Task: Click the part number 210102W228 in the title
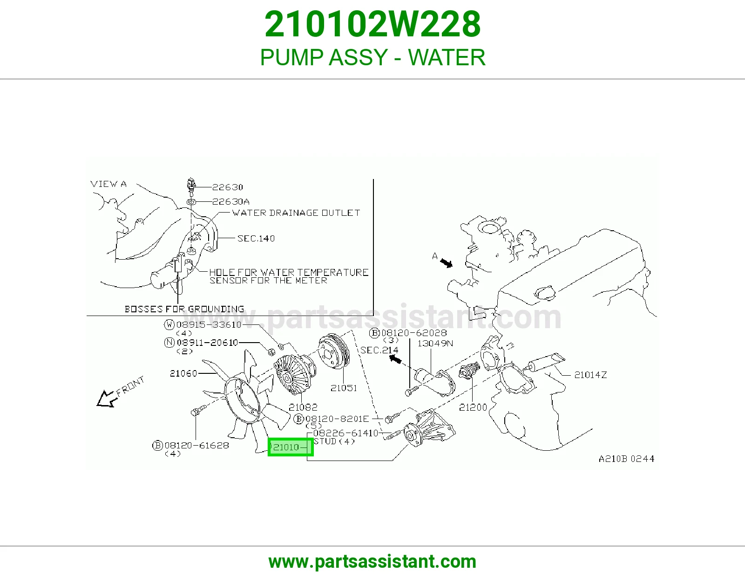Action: point(372,24)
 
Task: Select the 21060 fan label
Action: point(183,373)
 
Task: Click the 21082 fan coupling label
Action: point(303,407)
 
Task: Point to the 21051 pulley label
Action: point(344,388)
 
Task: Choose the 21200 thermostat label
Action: point(473,407)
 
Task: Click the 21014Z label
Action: point(590,375)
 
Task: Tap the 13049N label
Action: point(435,343)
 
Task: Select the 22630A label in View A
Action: point(231,201)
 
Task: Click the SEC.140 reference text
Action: point(256,238)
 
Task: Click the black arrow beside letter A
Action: point(446,263)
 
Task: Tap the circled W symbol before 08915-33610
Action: point(169,324)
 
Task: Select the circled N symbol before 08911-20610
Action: point(169,342)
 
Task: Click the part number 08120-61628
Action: point(196,445)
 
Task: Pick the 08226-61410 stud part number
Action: point(345,433)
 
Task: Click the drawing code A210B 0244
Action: point(626,459)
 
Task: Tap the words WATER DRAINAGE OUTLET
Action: point(296,213)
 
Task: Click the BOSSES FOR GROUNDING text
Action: point(184,309)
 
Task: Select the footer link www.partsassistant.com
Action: point(372,562)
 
